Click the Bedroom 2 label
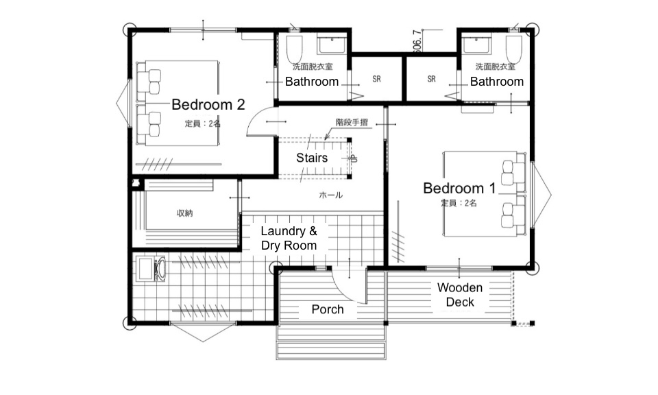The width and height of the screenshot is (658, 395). (x=208, y=105)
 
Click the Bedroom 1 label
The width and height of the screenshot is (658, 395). (x=459, y=188)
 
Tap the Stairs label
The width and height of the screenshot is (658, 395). (x=312, y=158)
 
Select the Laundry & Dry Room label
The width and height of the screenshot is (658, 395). (x=289, y=238)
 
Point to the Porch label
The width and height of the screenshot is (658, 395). (x=328, y=309)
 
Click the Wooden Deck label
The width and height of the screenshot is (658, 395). (x=460, y=295)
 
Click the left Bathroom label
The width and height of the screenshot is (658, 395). (x=312, y=82)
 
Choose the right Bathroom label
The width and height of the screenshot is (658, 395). (x=496, y=82)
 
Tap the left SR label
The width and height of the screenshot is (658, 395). (x=376, y=79)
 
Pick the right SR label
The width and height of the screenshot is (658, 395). (x=431, y=79)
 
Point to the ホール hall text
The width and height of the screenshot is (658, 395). (x=330, y=195)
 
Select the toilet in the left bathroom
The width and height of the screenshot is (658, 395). (x=294, y=47)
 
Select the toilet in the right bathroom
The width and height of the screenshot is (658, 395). (x=514, y=47)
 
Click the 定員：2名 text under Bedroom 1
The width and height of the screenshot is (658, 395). (x=459, y=203)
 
